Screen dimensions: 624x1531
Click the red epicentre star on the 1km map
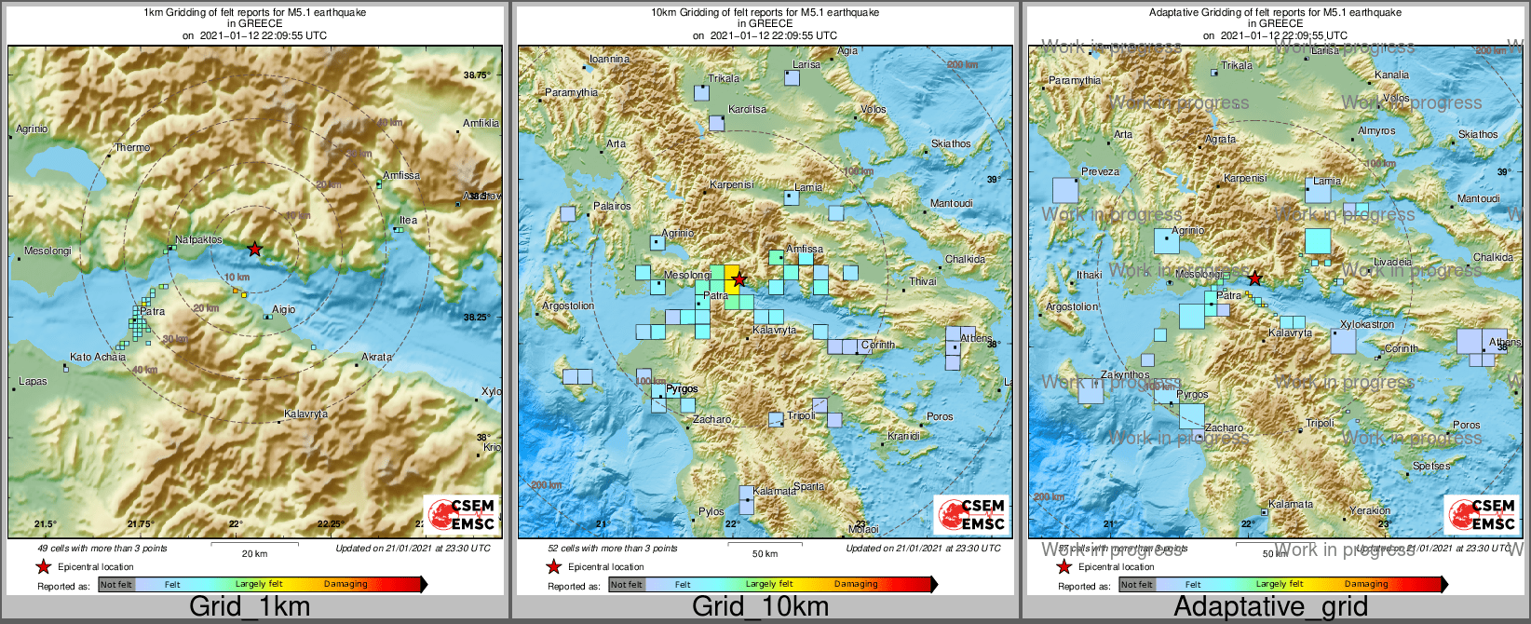(x=255, y=249)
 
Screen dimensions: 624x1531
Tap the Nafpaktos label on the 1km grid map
(x=199, y=239)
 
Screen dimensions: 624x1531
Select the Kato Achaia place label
(x=98, y=357)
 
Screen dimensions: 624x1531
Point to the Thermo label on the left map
(x=132, y=147)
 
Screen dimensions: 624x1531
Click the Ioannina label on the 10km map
(x=610, y=59)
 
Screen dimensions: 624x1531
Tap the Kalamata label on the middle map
(x=775, y=491)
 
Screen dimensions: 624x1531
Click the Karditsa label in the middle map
(x=747, y=109)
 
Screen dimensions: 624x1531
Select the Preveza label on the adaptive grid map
(x=1100, y=171)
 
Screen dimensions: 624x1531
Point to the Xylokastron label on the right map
(x=1367, y=324)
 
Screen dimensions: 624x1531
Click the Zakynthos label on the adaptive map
(x=1125, y=374)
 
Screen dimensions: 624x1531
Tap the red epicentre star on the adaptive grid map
(x=1254, y=278)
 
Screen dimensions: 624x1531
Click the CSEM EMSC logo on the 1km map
(x=461, y=514)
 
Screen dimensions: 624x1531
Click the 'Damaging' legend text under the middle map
(x=855, y=584)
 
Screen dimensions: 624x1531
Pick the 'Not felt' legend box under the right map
(x=1136, y=584)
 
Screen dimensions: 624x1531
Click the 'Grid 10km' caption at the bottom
(x=760, y=606)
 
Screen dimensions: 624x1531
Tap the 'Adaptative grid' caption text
(x=1270, y=606)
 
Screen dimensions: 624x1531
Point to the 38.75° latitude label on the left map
(x=477, y=75)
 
